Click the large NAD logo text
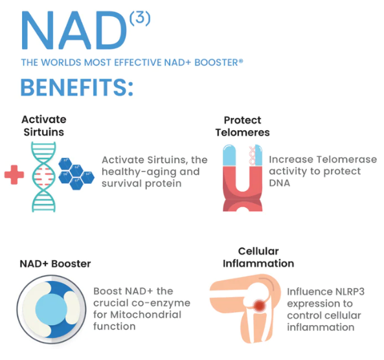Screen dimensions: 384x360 74,30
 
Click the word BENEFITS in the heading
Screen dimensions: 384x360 73,87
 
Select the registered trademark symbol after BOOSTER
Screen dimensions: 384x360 241,61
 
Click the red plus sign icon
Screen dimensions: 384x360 14,174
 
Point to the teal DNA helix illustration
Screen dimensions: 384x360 44,177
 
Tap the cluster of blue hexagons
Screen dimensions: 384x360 76,174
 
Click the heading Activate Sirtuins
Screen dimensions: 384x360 44,126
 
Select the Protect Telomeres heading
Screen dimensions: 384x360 242,126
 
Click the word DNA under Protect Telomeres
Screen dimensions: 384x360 280,183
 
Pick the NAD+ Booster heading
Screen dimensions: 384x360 55,264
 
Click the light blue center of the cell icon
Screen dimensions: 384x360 51,309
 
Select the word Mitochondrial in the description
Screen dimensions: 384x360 146,315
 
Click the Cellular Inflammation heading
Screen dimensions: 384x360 258,258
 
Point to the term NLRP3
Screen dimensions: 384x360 350,291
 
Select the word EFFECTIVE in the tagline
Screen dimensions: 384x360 138,62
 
